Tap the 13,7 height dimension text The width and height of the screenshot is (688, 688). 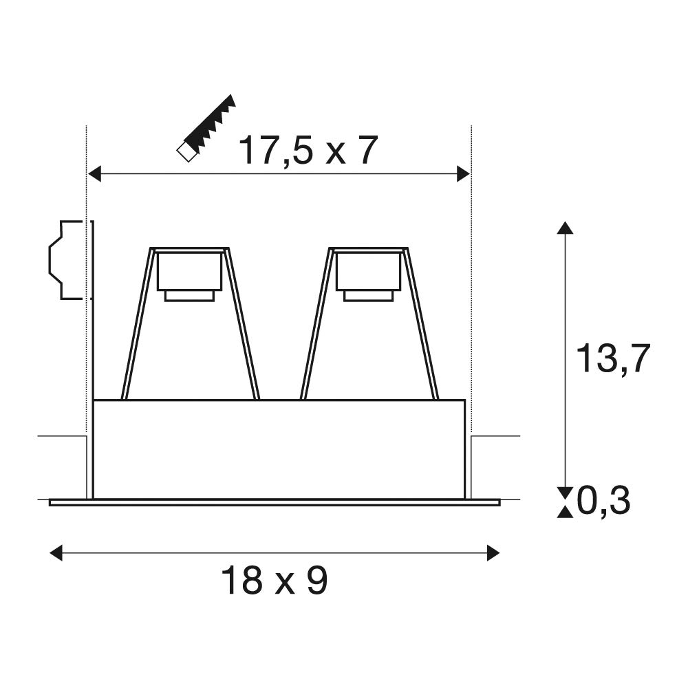pyautogui.click(x=612, y=358)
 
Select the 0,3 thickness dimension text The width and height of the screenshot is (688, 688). pyautogui.click(x=603, y=501)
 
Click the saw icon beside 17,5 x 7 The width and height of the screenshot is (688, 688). pyautogui.click(x=206, y=128)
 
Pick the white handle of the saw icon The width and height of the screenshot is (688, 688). pyautogui.click(x=186, y=152)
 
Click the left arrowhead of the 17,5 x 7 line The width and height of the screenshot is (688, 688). pyautogui.click(x=95, y=174)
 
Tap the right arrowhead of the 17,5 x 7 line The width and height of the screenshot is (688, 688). pyautogui.click(x=463, y=174)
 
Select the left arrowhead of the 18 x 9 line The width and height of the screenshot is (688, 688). pyautogui.click(x=56, y=553)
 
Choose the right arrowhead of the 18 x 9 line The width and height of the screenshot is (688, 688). pyautogui.click(x=493, y=553)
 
